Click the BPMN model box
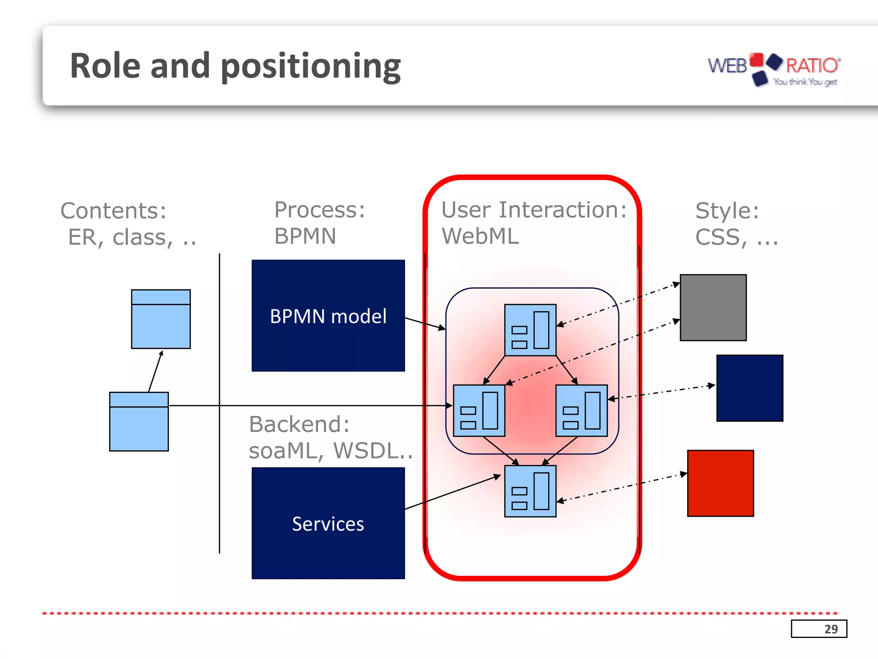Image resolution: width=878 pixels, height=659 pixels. tap(328, 315)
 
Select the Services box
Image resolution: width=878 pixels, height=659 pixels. tap(328, 523)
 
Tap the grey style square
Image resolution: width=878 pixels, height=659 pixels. tap(713, 308)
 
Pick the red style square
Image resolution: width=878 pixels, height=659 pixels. tap(720, 483)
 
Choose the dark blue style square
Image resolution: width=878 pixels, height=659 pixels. tap(749, 388)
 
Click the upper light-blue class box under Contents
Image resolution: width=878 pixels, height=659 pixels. tap(161, 319)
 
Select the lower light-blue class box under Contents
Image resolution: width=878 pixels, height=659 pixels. tap(139, 421)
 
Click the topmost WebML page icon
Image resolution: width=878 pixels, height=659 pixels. tap(530, 330)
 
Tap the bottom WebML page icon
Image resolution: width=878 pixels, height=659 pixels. tap(530, 491)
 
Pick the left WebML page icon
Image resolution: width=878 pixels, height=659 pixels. tap(479, 411)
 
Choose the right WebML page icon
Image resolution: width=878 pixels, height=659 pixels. tap(581, 411)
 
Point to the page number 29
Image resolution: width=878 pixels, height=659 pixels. tap(830, 629)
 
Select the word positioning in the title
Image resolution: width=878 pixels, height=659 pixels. tap(310, 67)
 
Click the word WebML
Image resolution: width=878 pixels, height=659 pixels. tap(480, 236)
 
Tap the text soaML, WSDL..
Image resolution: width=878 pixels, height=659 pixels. tap(330, 450)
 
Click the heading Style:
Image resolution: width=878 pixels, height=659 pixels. tap(727, 210)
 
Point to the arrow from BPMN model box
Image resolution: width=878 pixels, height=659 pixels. tap(425, 323)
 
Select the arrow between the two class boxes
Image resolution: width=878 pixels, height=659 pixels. tap(155, 372)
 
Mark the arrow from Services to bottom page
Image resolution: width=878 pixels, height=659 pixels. tap(452, 492)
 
